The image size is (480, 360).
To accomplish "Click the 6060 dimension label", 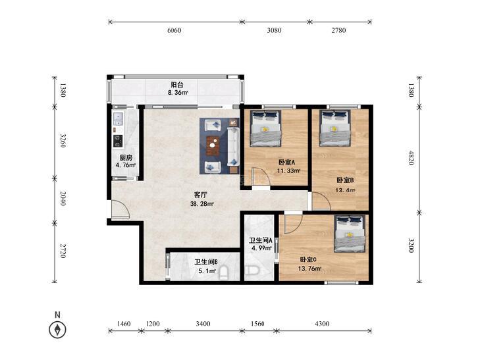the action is (x=174, y=30).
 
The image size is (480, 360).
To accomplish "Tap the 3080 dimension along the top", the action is (x=274, y=30).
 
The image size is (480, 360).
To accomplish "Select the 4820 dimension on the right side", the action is (x=411, y=157).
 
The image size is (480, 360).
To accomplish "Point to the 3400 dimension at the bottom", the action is (x=203, y=324).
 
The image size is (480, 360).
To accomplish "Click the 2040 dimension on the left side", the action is (x=63, y=199).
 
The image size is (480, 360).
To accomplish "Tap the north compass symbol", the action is (x=57, y=330).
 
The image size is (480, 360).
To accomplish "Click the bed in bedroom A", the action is (x=265, y=128).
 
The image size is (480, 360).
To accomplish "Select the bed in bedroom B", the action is (x=334, y=128).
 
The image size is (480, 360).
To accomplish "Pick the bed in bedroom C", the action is (x=350, y=234).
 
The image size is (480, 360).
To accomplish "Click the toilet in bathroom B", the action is (x=224, y=273).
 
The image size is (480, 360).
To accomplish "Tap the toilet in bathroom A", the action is (x=253, y=270).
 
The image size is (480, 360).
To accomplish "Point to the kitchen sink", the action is (x=118, y=118).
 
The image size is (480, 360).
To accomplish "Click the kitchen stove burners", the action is (x=118, y=140).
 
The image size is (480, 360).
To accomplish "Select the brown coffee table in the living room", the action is (x=213, y=145).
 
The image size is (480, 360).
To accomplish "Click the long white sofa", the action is (x=233, y=147).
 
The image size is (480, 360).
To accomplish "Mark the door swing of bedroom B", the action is (x=321, y=201).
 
